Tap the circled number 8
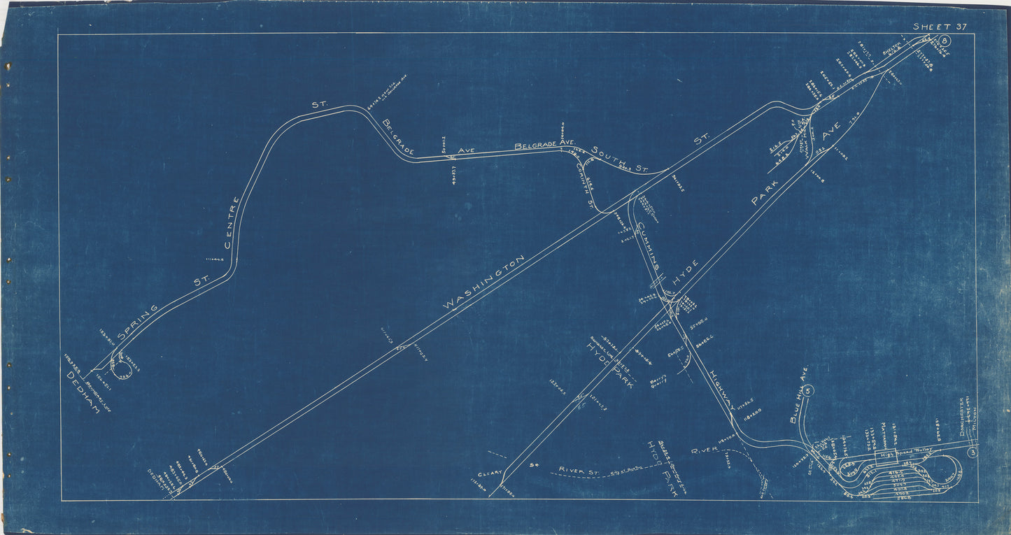946,41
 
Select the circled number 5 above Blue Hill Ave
809,391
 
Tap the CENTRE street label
232,222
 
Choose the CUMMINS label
649,245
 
